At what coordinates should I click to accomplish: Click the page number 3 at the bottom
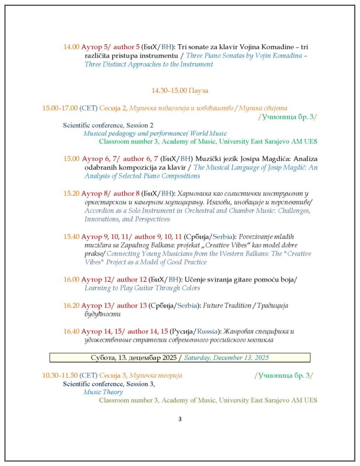pyautogui.click(x=180, y=419)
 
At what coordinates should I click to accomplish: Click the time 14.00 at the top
pyautogui.click(x=71, y=47)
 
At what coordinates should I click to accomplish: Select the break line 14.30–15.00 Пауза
pyautogui.click(x=180, y=91)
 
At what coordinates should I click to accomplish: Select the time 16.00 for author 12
pyautogui.click(x=71, y=279)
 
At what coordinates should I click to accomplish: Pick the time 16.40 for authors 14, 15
pyautogui.click(x=71, y=331)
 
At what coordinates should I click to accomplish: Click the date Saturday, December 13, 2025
pyautogui.click(x=226, y=358)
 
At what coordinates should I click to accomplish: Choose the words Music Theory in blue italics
pyautogui.click(x=103, y=392)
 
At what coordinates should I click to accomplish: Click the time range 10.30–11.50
pyautogui.click(x=60, y=375)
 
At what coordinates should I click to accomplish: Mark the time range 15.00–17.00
pyautogui.click(x=60, y=108)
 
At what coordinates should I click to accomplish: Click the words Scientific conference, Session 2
pyautogui.click(x=108, y=125)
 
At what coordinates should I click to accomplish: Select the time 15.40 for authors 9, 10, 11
pyautogui.click(x=71, y=237)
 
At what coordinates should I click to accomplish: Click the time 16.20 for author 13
pyautogui.click(x=71, y=305)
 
